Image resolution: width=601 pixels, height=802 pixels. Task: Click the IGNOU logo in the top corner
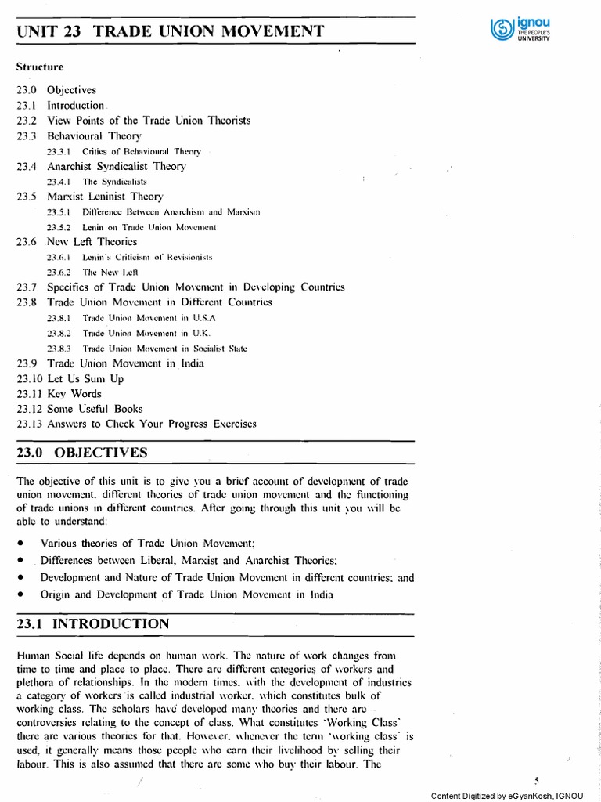[520, 32]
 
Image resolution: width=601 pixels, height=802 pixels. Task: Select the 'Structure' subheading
[38, 67]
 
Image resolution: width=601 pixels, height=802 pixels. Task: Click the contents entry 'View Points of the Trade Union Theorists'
[149, 121]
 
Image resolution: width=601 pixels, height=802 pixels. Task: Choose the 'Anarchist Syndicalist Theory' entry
[117, 166]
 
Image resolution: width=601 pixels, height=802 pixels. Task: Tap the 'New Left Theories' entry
[92, 242]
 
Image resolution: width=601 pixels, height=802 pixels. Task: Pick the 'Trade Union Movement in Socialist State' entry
[164, 349]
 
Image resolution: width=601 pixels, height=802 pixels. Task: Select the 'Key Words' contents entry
[74, 393]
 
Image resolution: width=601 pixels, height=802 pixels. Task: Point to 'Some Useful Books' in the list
[95, 409]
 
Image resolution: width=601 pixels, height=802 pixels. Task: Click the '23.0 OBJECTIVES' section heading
[81, 453]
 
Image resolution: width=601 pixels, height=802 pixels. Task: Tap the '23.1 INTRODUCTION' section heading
[92, 624]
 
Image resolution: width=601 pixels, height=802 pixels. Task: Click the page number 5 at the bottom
[537, 780]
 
